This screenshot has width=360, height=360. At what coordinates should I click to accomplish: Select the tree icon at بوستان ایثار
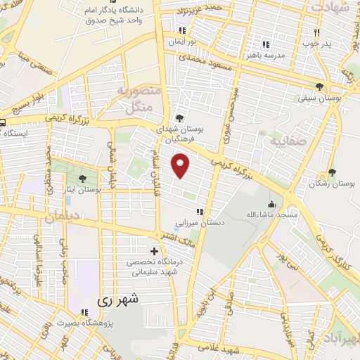pos(84,179)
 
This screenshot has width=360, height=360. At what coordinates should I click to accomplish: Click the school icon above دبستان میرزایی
pos(200,212)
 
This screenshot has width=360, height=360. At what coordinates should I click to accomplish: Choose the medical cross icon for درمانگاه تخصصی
pos(154,252)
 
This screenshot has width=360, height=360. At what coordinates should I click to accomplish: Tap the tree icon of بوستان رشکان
pos(332,172)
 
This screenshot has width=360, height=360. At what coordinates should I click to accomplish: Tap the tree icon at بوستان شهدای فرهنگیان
pos(181,118)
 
